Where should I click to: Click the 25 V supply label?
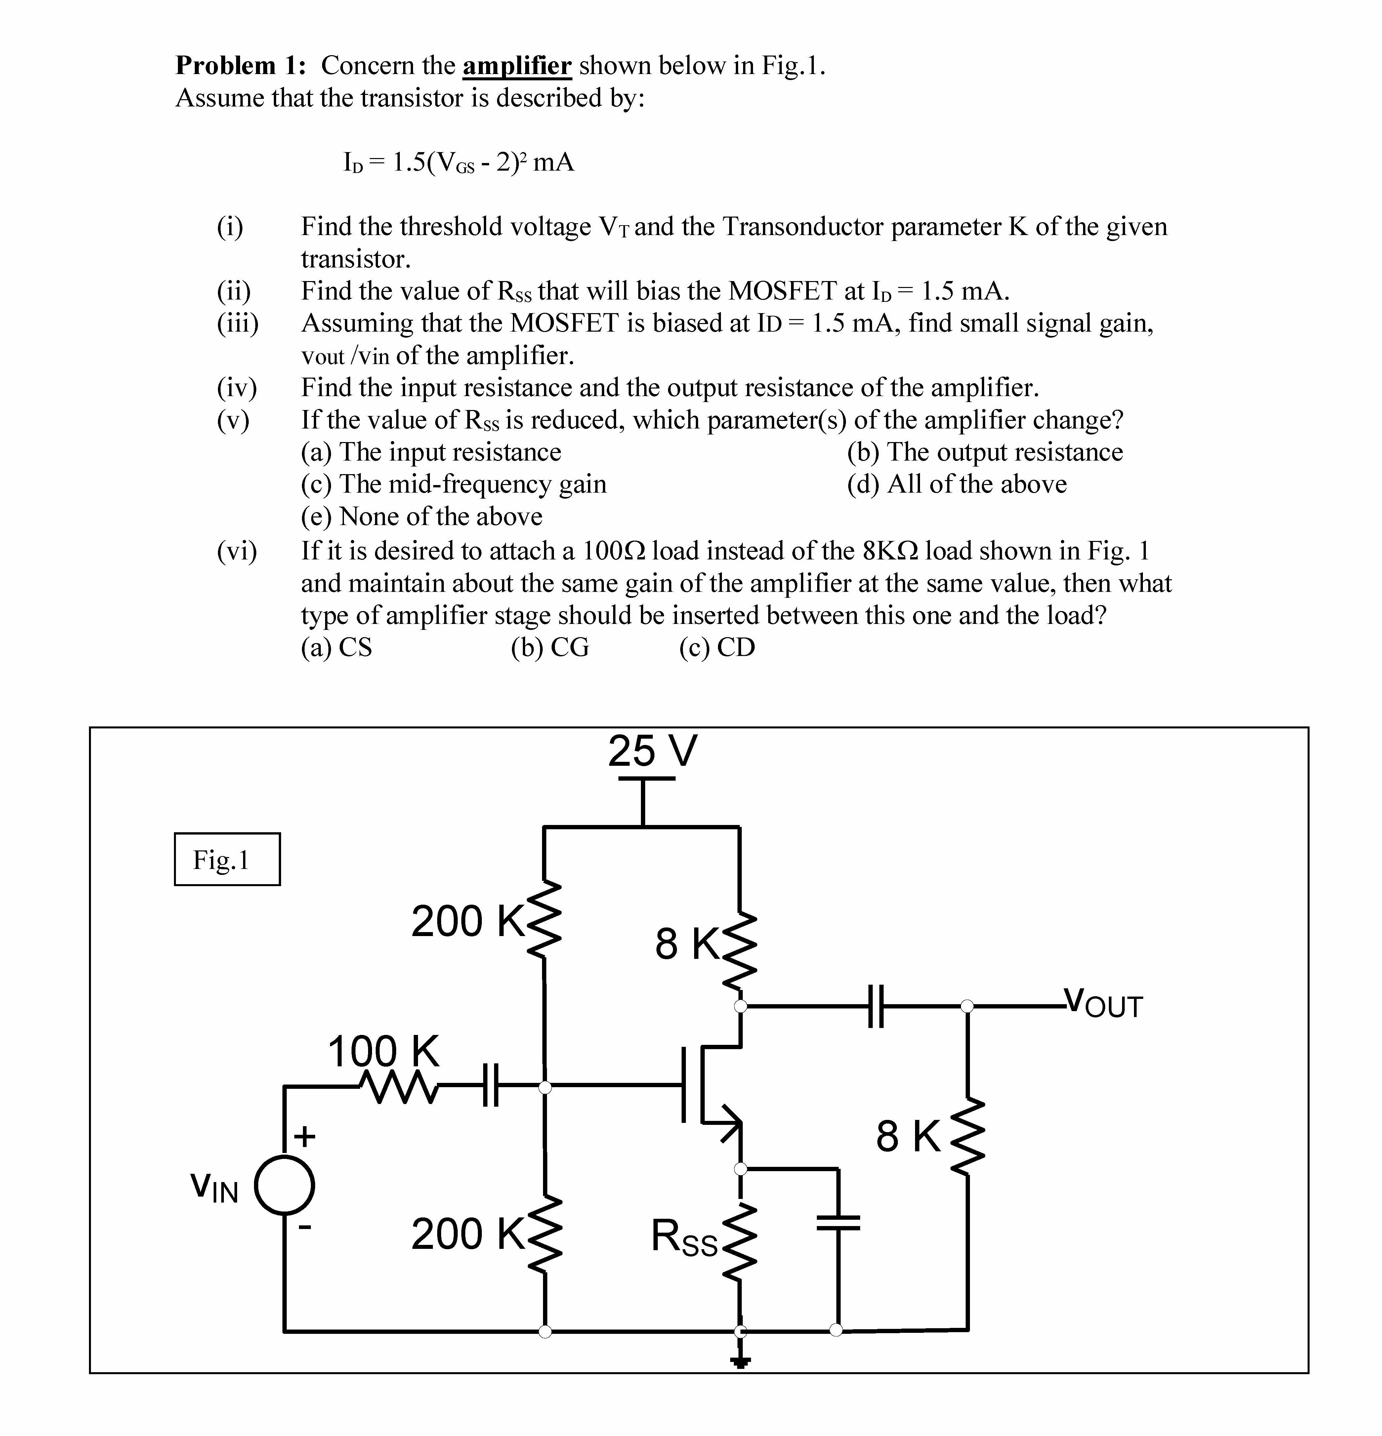(652, 751)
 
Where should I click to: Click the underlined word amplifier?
(517, 66)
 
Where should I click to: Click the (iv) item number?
(237, 388)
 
